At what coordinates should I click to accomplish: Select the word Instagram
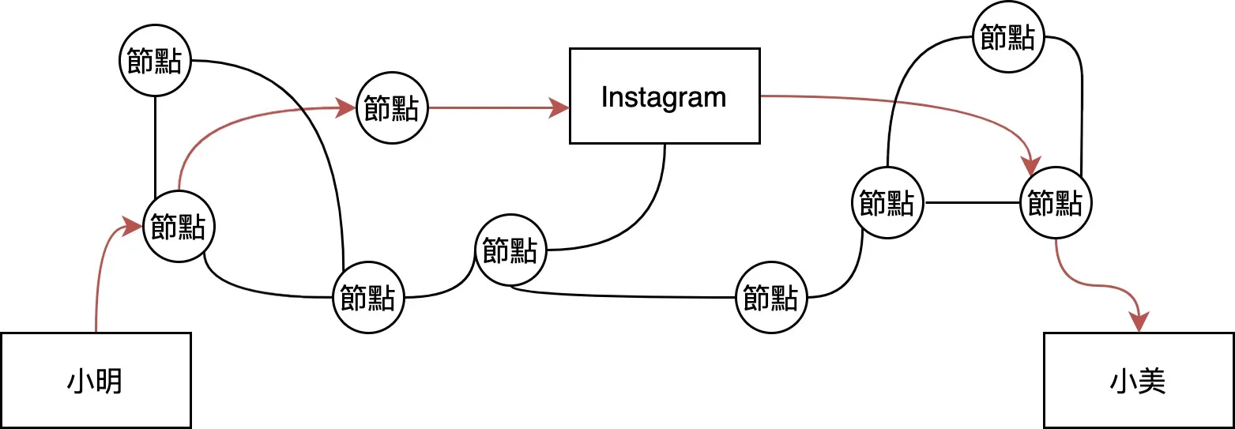[664, 97]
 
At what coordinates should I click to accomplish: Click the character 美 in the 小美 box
[1153, 382]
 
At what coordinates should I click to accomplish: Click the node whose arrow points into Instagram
[392, 108]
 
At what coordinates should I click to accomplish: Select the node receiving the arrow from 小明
[178, 228]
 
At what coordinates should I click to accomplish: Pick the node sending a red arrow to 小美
[1056, 204]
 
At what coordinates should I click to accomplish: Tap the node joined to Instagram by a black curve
[510, 250]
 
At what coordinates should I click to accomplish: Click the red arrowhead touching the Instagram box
[560, 108]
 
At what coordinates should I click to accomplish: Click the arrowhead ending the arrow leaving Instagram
[1031, 166]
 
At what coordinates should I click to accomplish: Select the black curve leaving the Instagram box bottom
[648, 213]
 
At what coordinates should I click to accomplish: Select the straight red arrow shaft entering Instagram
[490, 108]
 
